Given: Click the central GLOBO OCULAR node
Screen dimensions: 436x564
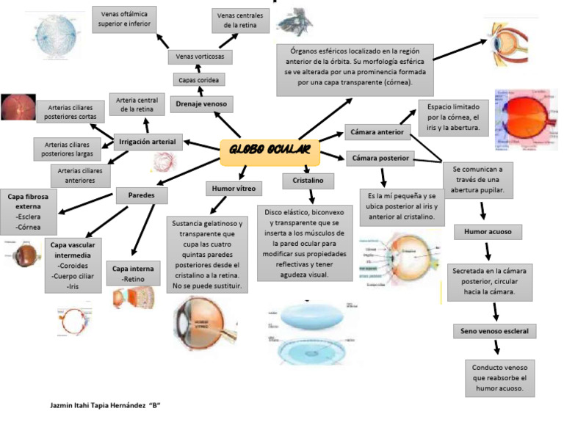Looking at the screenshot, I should (x=270, y=151).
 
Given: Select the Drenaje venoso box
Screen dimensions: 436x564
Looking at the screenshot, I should (x=200, y=105).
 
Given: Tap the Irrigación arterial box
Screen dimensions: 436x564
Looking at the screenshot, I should (x=148, y=141).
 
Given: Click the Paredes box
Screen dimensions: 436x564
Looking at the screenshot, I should (x=142, y=195).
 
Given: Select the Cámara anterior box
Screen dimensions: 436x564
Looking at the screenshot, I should (x=377, y=132).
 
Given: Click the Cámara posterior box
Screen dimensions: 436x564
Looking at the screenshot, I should (x=379, y=159).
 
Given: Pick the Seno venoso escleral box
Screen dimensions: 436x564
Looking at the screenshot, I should (x=493, y=331).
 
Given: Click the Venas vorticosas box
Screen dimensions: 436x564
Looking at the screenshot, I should (x=200, y=57).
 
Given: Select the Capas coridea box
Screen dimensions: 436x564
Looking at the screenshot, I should (x=199, y=79).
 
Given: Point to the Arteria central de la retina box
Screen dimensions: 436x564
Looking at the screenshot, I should (x=137, y=105).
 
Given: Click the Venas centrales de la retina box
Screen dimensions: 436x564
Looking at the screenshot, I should (x=239, y=20).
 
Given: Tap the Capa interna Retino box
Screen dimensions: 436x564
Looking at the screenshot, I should (x=133, y=273).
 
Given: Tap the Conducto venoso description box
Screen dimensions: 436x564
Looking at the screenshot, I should (x=500, y=378).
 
